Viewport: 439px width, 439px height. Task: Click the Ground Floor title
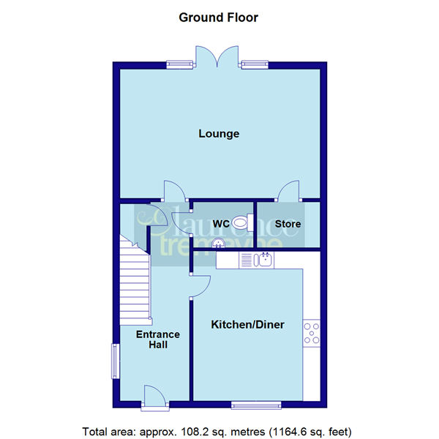219,17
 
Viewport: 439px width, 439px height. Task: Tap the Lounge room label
219,134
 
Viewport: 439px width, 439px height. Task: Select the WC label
221,223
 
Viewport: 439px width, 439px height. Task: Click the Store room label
288,223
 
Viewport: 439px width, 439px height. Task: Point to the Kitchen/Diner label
247,324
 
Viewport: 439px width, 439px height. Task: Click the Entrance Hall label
158,339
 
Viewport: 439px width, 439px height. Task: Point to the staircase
135,282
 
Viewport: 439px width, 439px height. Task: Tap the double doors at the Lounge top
217,56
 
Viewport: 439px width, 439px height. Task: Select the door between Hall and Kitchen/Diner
199,285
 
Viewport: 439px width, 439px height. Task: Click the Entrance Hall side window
114,361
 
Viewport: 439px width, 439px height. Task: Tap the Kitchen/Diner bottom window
256,404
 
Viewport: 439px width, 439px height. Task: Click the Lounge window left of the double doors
180,64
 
